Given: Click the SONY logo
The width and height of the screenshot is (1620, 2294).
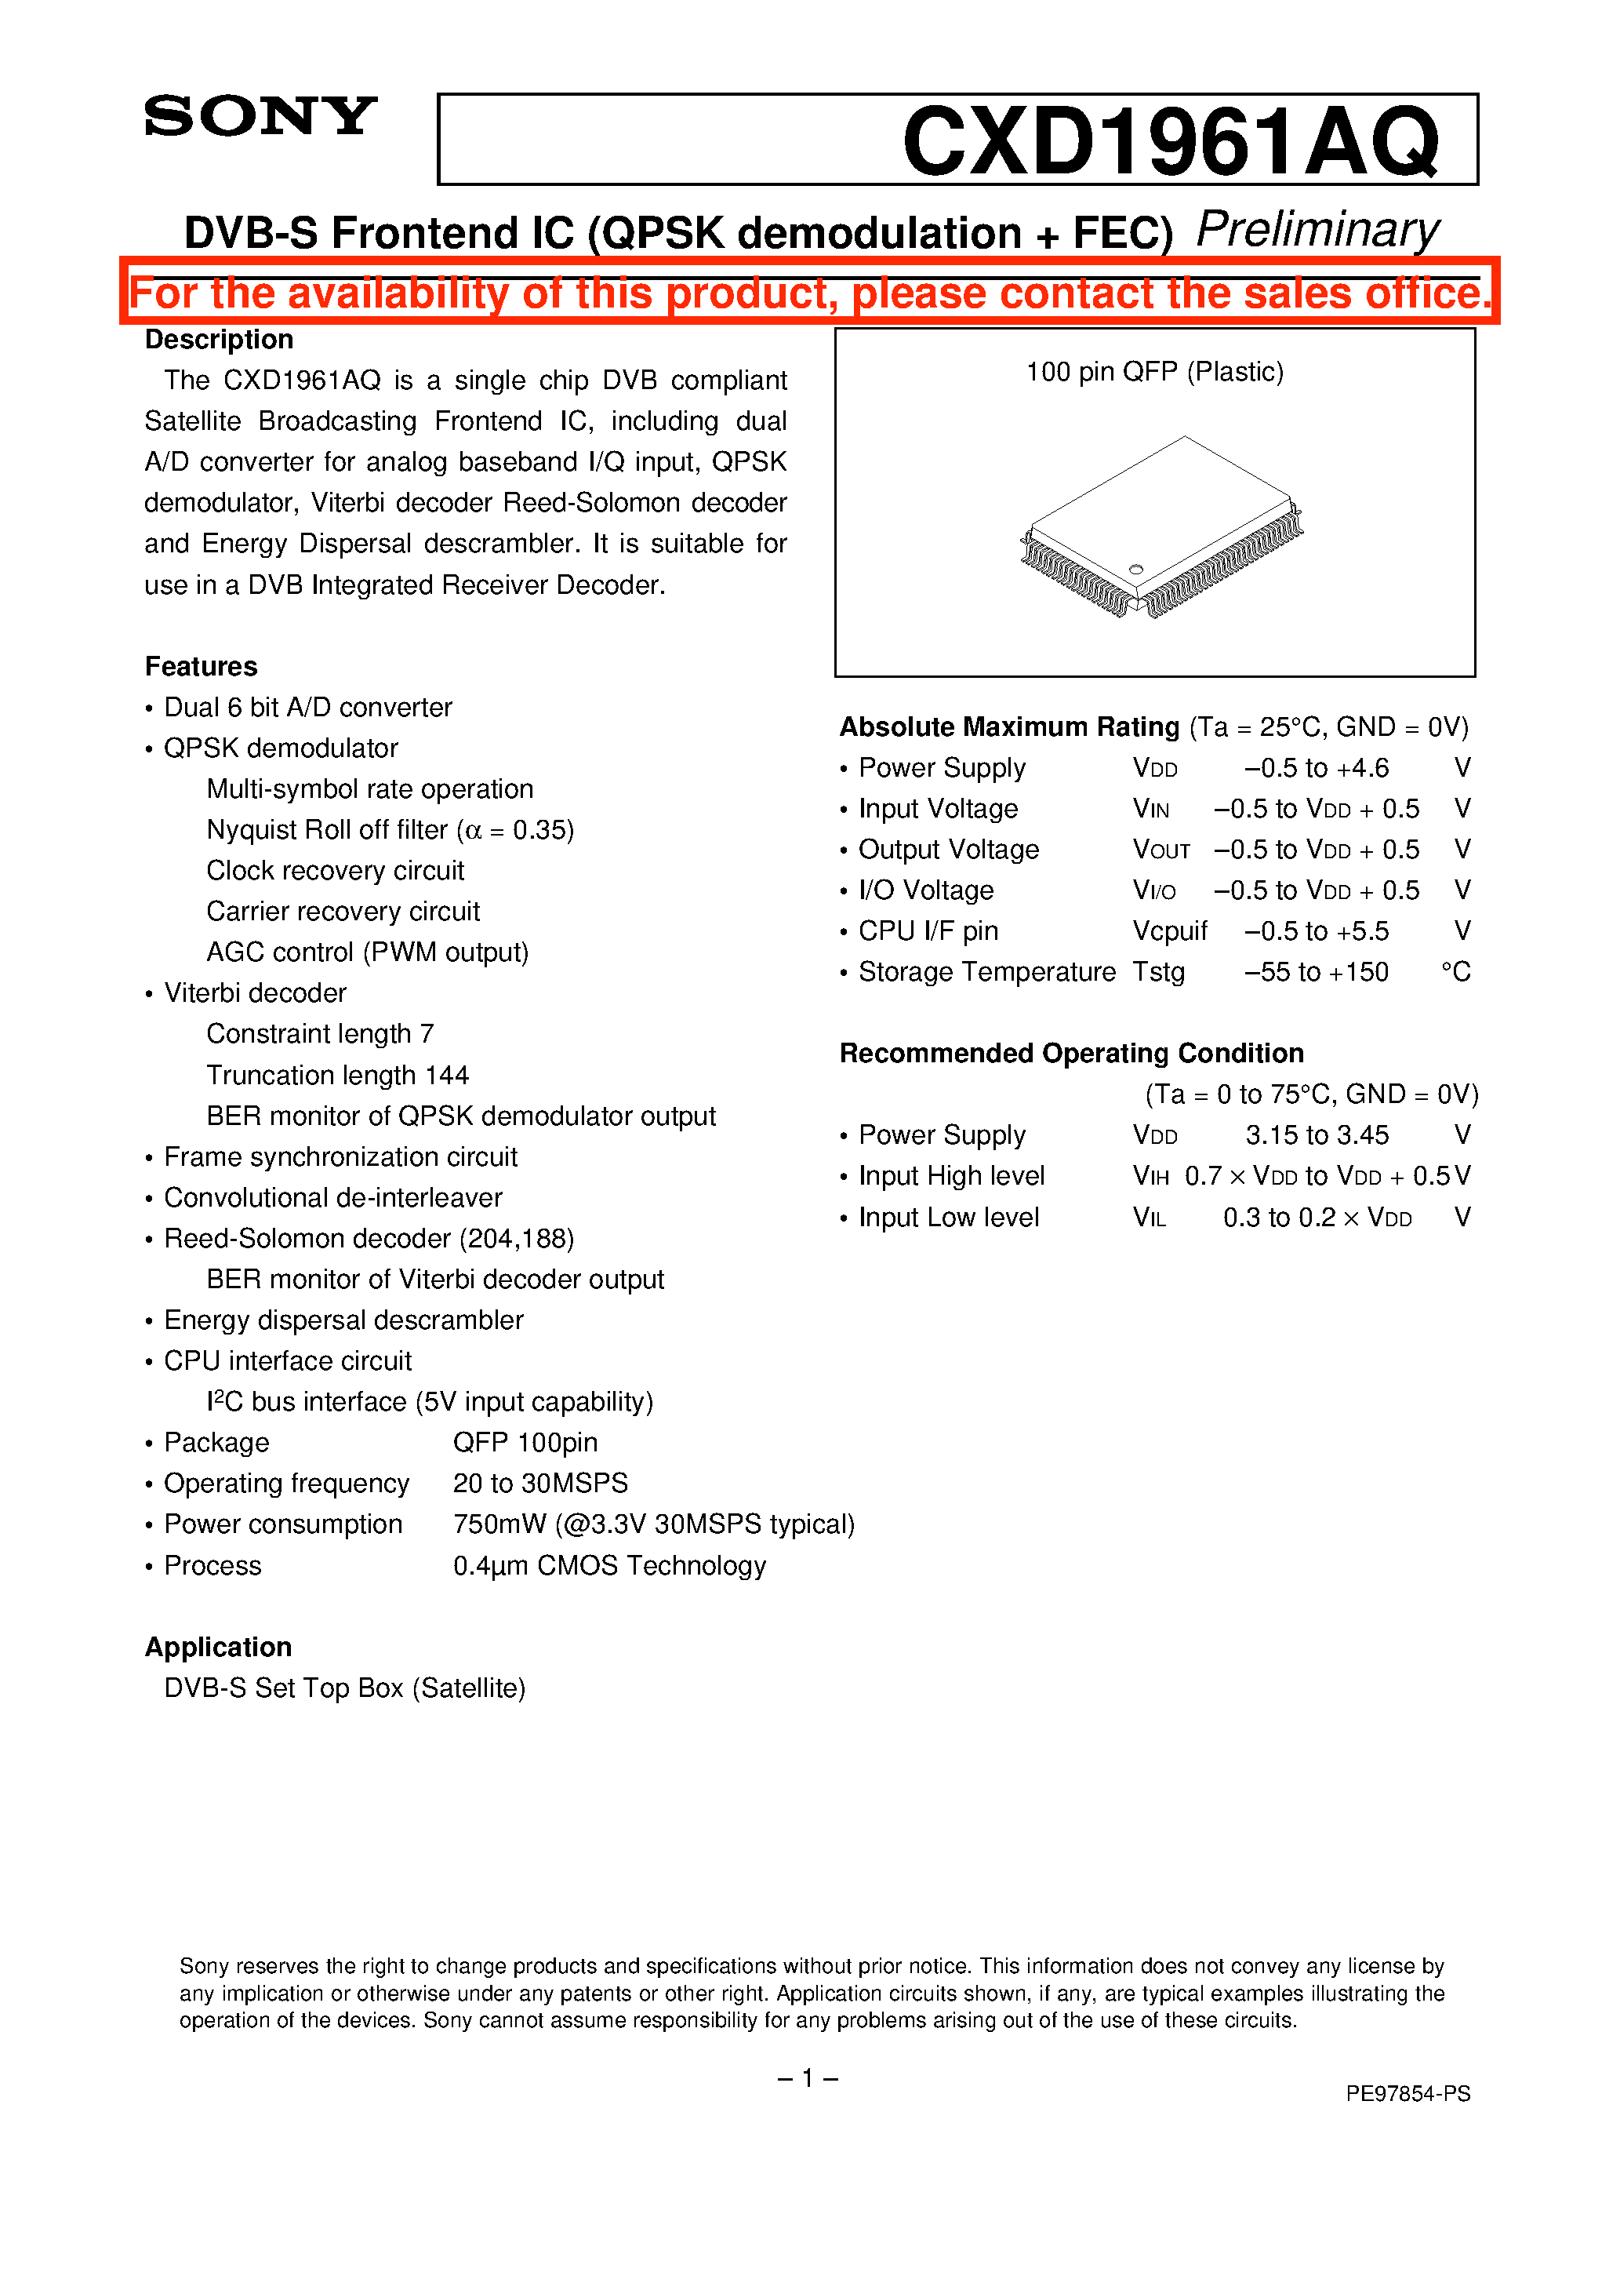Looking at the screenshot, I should [x=260, y=117].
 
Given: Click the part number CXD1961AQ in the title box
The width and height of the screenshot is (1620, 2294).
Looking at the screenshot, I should [x=1170, y=142].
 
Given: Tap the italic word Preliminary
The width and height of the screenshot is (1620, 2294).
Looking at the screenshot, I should [x=1317, y=230].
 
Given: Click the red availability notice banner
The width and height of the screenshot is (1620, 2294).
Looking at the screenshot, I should [x=809, y=293].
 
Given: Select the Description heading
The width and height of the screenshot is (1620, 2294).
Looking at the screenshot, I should [x=219, y=340].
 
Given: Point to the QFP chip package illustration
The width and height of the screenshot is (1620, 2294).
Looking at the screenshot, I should [x=1161, y=527].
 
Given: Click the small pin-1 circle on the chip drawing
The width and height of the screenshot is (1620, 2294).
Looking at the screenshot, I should [x=1135, y=570].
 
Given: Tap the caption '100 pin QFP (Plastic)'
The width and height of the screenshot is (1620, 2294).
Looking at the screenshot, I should [x=1154, y=372].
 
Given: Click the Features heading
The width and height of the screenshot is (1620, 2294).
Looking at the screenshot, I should [x=201, y=666].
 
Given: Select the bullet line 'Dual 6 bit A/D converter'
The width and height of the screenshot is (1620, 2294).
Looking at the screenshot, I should [x=307, y=708].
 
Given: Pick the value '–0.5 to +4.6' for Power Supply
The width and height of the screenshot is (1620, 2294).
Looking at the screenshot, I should [x=1316, y=768].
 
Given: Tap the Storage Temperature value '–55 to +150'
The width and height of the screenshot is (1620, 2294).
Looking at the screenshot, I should [x=1316, y=972].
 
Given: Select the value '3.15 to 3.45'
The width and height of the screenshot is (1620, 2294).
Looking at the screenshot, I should [x=1317, y=1135].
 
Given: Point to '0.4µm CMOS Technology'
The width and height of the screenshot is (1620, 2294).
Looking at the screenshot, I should [x=609, y=1566].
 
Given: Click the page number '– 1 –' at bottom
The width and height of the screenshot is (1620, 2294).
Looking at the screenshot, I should [x=807, y=2079].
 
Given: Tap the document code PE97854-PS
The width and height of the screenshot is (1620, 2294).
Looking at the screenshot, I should [x=1408, y=2094].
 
